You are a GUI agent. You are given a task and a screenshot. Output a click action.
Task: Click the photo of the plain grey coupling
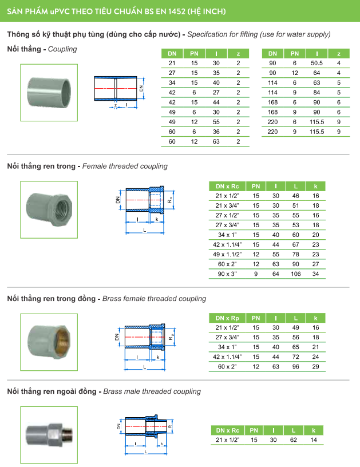click(x=49, y=92)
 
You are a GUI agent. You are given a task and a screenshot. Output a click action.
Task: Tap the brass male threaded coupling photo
click(x=49, y=435)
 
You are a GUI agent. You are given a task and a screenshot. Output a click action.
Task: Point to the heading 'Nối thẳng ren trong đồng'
click(x=53, y=299)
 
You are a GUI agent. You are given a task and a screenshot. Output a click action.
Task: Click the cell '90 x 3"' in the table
click(x=227, y=274)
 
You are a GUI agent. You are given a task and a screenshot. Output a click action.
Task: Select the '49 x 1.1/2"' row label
click(x=227, y=254)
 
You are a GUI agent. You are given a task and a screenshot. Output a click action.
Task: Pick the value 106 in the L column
click(x=295, y=274)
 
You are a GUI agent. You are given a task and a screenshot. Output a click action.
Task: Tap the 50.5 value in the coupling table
click(x=317, y=62)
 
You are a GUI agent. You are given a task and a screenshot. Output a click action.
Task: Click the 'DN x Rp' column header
click(x=227, y=318)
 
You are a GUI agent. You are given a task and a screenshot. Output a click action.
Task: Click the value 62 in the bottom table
click(x=295, y=440)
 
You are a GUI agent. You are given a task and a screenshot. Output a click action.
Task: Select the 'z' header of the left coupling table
click(x=238, y=53)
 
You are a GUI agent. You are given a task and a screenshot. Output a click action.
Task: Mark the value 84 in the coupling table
click(x=317, y=92)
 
